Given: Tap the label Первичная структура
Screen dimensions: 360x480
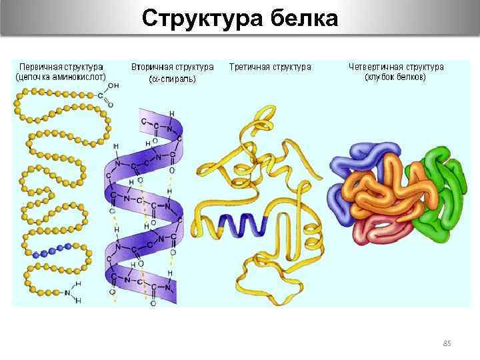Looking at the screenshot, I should point(61,67).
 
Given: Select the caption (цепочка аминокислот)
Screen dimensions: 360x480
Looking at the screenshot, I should point(61,77).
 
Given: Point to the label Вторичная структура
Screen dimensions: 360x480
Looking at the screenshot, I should point(173,67).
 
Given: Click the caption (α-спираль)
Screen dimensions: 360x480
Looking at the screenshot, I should point(172,79).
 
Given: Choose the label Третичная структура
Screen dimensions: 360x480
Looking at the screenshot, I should point(270,67).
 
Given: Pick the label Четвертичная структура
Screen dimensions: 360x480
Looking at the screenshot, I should point(396,67).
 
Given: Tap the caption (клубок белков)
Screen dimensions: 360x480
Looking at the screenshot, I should point(395,77).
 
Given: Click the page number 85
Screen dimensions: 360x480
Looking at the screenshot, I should point(447,343).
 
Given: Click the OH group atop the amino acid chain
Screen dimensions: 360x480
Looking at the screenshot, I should point(113,85).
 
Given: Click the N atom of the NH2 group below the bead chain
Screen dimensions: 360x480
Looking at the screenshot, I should point(69,291).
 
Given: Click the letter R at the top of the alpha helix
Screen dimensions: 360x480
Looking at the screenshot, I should point(172,114).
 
